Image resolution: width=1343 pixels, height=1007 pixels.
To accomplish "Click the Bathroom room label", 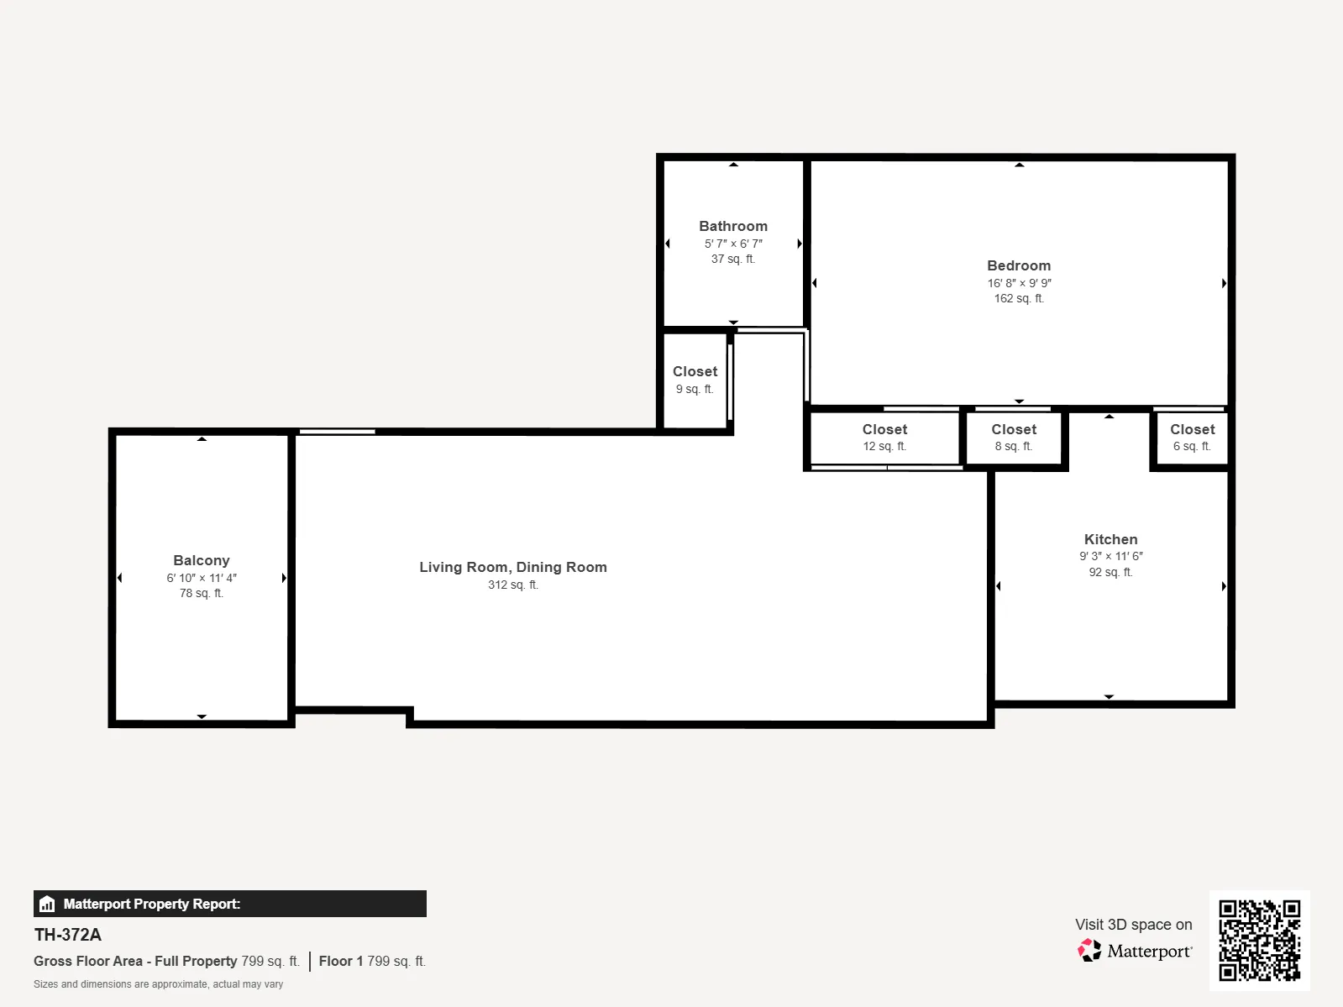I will point(732,226).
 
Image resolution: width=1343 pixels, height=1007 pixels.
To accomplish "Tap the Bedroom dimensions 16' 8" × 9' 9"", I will point(1019,283).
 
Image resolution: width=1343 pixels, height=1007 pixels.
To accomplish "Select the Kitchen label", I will point(1110,539).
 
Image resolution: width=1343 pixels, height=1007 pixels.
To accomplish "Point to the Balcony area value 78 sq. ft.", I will point(201,593).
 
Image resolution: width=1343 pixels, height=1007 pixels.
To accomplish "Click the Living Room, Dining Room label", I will point(512,567).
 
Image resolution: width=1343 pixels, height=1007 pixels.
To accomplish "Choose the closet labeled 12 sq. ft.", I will point(884,438).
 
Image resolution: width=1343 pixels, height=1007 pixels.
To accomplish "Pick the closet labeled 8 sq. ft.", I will point(1014,438).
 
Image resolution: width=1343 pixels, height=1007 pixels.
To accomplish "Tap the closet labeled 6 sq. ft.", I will point(1192,438).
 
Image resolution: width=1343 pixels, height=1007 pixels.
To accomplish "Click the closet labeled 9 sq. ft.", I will point(695,380).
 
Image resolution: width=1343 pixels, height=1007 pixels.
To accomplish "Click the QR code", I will point(1259,940).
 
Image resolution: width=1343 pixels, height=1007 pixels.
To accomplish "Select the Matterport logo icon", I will point(1089,950).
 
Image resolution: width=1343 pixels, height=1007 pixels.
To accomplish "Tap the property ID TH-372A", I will point(67,935).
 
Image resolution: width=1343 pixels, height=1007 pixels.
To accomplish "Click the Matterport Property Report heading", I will point(151,904).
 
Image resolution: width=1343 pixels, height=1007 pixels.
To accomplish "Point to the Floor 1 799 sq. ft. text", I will point(372,961).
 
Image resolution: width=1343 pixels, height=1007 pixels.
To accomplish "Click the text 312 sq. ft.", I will point(512,585).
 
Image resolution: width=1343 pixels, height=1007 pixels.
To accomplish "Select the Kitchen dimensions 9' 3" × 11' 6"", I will point(1110,556).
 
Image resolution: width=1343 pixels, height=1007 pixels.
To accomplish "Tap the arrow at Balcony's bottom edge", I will point(202,716).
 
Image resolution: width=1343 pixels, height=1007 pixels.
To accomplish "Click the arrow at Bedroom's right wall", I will point(1224,283).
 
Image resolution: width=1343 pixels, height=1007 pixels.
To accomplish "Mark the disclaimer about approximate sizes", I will point(158,984).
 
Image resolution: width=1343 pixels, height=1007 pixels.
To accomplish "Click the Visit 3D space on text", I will point(1133,924).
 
